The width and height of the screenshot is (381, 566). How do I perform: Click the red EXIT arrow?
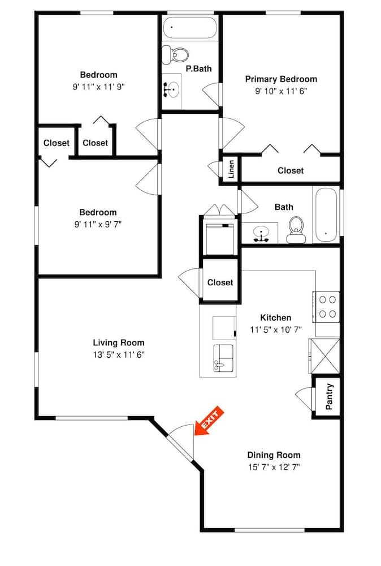pyautogui.click(x=209, y=422)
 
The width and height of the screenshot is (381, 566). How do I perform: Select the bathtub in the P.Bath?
pyautogui.click(x=189, y=27)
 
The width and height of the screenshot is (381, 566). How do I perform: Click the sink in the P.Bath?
pyautogui.click(x=172, y=89)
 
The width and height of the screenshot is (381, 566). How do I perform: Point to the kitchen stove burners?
pyautogui.click(x=327, y=307)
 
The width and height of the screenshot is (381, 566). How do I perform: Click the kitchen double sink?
pyautogui.click(x=223, y=358)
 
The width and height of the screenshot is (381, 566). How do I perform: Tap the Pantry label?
pyautogui.click(x=330, y=397)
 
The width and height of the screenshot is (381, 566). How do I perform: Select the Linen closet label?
pyautogui.click(x=231, y=169)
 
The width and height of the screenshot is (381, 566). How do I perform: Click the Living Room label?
pyautogui.click(x=119, y=342)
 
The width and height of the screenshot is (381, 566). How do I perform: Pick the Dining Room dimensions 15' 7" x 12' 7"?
pyautogui.click(x=274, y=467)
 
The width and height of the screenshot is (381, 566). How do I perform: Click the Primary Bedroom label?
pyautogui.click(x=281, y=79)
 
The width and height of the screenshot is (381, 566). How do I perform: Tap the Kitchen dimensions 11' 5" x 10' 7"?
pyautogui.click(x=276, y=329)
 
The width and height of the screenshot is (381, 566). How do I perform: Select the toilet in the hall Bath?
pyautogui.click(x=296, y=230)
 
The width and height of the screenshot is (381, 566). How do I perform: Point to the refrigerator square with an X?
pyautogui.click(x=324, y=356)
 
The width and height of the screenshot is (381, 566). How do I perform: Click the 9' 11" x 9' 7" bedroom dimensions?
pyautogui.click(x=98, y=225)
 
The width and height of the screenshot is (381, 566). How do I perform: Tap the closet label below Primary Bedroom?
pyautogui.click(x=291, y=170)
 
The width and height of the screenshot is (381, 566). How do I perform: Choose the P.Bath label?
pyautogui.click(x=198, y=68)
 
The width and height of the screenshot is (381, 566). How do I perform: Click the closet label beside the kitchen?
pyautogui.click(x=220, y=282)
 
